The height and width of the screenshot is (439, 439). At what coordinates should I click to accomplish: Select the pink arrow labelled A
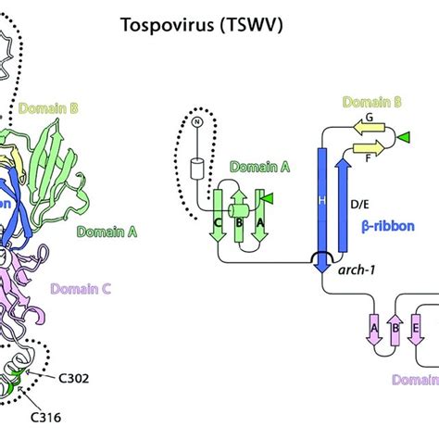coord(374,331)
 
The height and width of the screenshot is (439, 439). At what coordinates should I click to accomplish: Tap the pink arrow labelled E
coord(415,331)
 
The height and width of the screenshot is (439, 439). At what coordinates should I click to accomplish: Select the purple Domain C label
coord(82,288)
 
